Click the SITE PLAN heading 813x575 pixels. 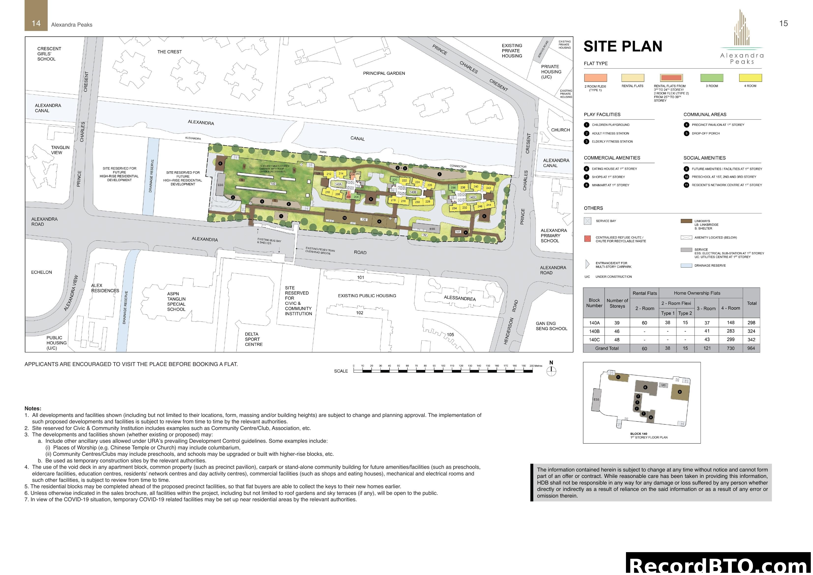coord(623,47)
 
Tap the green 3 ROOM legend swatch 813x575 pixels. coord(712,78)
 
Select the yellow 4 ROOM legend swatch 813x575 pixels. coord(750,78)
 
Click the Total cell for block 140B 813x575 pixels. coord(751,331)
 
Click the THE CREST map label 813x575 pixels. coord(170,52)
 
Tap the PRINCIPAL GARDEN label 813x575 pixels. coord(384,73)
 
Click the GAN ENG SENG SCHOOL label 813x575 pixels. coord(551,326)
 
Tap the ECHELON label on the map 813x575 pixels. coord(42,272)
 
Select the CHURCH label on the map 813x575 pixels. coord(560,130)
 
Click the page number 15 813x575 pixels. coord(784,23)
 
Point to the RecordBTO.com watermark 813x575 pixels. coord(719,564)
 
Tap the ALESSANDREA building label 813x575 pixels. coord(460,298)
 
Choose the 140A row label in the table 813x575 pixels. coord(594,323)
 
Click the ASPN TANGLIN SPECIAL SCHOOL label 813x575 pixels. coord(176,301)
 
